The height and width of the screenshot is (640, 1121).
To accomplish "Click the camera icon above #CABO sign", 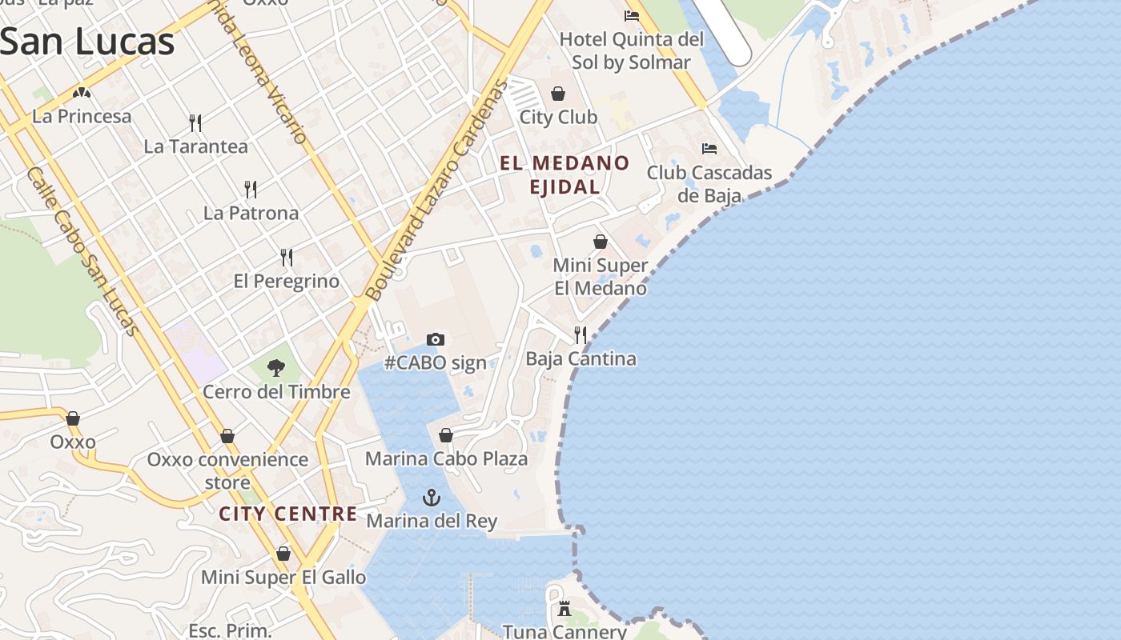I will point(436,339).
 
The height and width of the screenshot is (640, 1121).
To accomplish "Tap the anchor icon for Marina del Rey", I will point(432,498).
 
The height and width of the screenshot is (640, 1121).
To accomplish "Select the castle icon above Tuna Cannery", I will point(565,609).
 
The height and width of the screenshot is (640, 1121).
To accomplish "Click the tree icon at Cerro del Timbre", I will point(276,368).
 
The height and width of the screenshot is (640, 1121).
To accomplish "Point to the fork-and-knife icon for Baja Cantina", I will point(581,335).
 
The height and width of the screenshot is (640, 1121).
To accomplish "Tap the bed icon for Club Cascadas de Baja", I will point(709,148).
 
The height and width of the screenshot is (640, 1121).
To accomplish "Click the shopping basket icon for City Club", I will point(558,94).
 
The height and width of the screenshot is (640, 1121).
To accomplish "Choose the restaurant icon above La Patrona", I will point(251,190).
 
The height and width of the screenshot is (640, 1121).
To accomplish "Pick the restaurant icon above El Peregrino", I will point(287,258).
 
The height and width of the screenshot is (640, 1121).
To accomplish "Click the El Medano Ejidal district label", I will point(565,175).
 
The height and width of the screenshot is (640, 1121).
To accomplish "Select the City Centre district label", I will point(288,514).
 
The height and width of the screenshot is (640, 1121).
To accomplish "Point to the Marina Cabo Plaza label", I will point(446,459).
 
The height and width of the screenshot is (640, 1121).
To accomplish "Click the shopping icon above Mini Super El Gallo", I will point(283,554).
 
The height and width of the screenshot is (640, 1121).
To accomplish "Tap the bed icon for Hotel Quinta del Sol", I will point(632,15).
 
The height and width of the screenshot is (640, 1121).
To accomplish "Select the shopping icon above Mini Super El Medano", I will point(600,242).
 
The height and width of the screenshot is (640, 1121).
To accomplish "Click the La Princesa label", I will point(82,117).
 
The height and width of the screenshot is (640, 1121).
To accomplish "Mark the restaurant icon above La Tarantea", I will point(195,122).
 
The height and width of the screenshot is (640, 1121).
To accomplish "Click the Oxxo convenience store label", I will point(227,471).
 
